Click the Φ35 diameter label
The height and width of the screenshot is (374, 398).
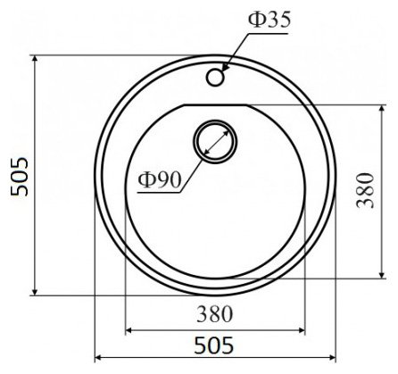pos(269,21)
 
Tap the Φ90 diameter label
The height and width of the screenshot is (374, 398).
pos(160,180)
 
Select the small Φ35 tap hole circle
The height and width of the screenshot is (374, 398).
pos(215,78)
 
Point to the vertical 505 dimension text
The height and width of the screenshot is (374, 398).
pos(20,177)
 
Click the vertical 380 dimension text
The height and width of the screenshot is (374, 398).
pos(366,190)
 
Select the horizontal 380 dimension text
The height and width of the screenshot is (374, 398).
pos(215,314)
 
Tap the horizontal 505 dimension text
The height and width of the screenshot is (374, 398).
pos(214,345)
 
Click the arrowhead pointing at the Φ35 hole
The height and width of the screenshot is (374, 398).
pos(226,68)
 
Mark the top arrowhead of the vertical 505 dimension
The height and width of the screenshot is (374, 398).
pos(35,59)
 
